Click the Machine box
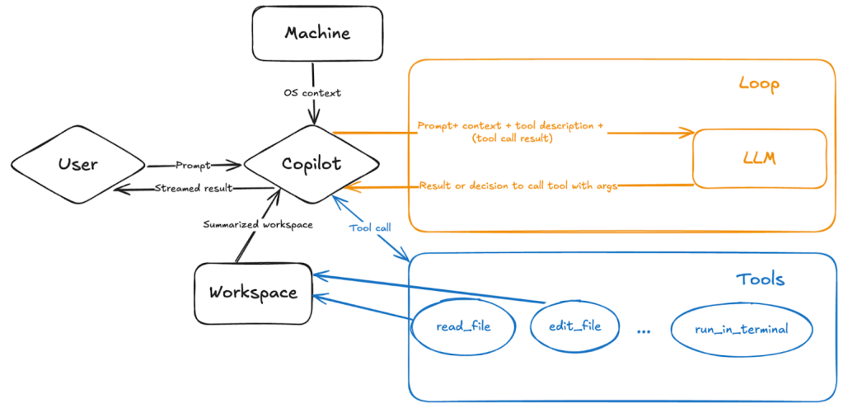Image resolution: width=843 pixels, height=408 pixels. (x=317, y=35)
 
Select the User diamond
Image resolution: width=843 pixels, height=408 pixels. (x=78, y=164)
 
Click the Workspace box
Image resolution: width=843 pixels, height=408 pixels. (x=252, y=293)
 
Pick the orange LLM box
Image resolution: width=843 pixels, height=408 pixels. (x=758, y=158)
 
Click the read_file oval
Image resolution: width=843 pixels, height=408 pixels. (x=462, y=326)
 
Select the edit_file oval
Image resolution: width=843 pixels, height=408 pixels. (x=574, y=326)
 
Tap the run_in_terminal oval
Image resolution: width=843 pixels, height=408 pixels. (x=741, y=329)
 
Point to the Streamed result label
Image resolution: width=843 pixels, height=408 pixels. (x=194, y=188)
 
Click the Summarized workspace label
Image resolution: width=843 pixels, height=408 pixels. (x=258, y=224)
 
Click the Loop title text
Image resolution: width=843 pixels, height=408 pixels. (x=758, y=84)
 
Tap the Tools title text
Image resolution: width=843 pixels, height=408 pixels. (x=760, y=279)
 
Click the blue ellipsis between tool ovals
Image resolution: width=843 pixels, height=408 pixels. (x=644, y=331)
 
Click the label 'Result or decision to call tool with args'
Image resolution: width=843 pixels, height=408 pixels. (x=519, y=185)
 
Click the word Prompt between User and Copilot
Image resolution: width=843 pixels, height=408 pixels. (x=194, y=165)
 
